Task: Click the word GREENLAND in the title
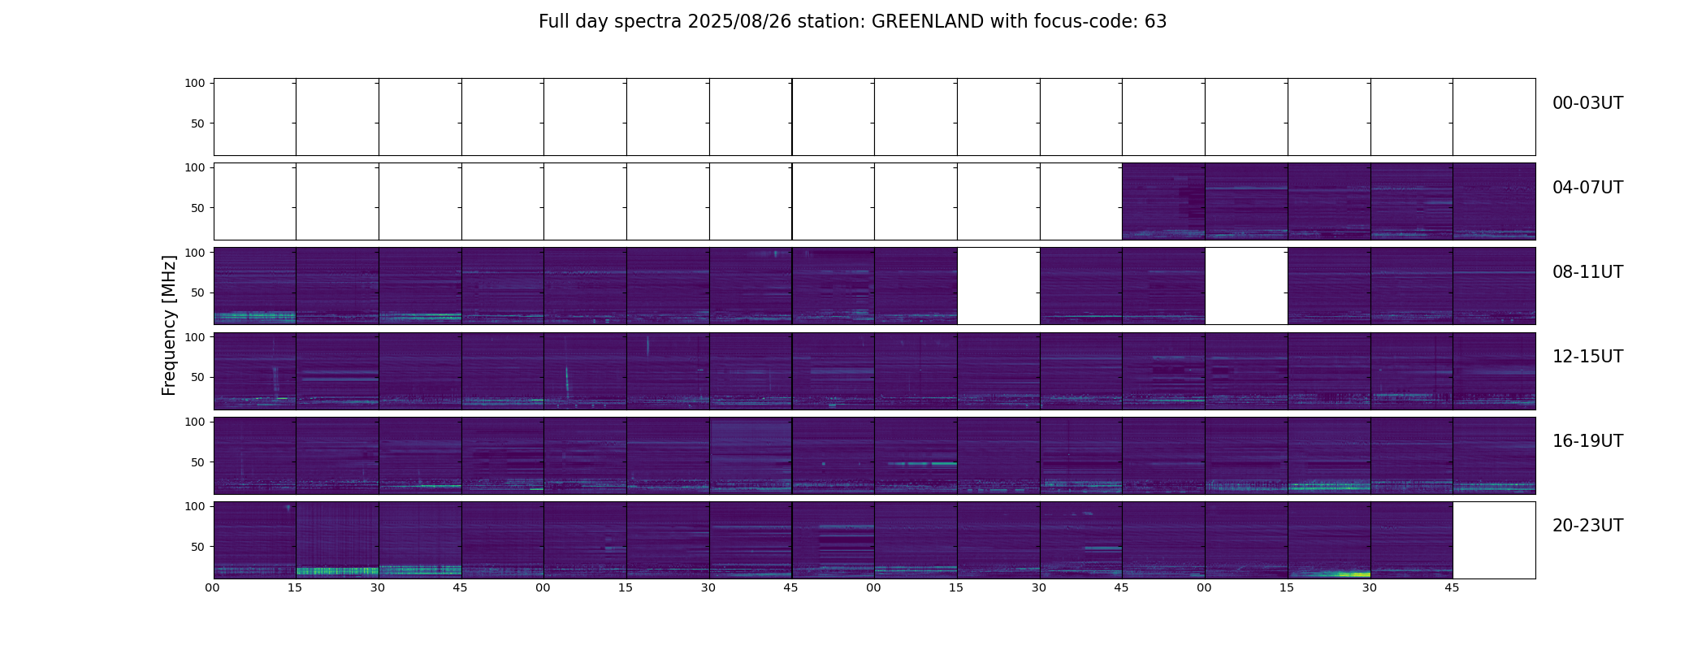tap(928, 22)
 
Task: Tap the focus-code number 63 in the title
tap(1155, 22)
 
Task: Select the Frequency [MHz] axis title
tap(169, 325)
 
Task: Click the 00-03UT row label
tap(1587, 103)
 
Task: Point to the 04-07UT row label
tap(1587, 188)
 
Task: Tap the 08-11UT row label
tap(1587, 272)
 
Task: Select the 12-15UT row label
tap(1587, 357)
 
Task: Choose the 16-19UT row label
tap(1587, 441)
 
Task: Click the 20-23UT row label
tap(1587, 526)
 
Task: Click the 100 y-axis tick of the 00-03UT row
tap(195, 83)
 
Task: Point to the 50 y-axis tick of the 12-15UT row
tap(197, 377)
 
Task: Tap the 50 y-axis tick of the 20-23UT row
tap(197, 547)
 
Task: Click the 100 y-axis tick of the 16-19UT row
tap(195, 422)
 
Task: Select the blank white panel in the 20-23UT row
tap(1493, 539)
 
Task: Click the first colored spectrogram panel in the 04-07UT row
tap(1163, 201)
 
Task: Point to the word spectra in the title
tap(649, 22)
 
